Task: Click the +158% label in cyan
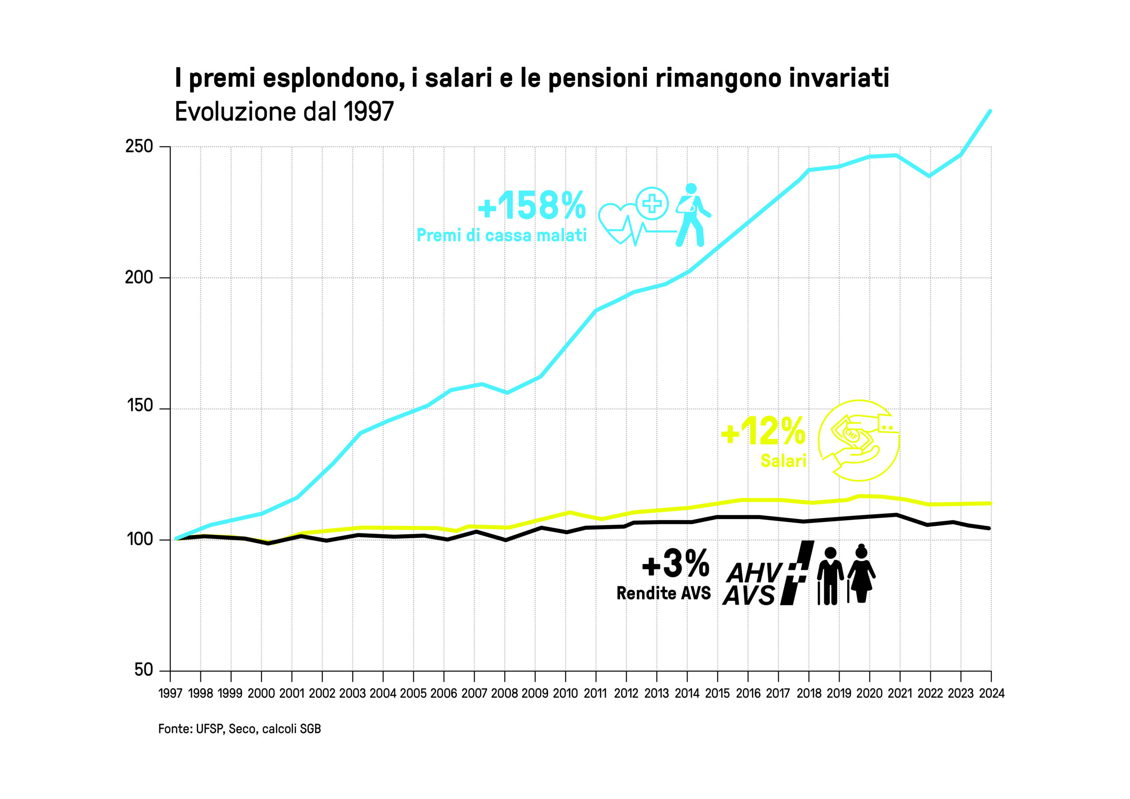click(x=532, y=205)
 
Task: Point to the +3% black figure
click(x=676, y=564)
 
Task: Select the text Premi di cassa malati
click(x=501, y=235)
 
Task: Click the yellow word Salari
click(x=783, y=461)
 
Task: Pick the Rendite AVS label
click(x=663, y=593)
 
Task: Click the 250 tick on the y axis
click(x=139, y=147)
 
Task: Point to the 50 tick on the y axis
click(x=144, y=670)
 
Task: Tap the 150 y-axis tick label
click(x=140, y=406)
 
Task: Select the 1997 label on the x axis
click(x=170, y=693)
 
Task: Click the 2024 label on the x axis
click(x=992, y=693)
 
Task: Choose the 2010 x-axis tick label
click(x=565, y=693)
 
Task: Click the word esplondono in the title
click(x=333, y=78)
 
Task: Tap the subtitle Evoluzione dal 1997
click(x=284, y=112)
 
